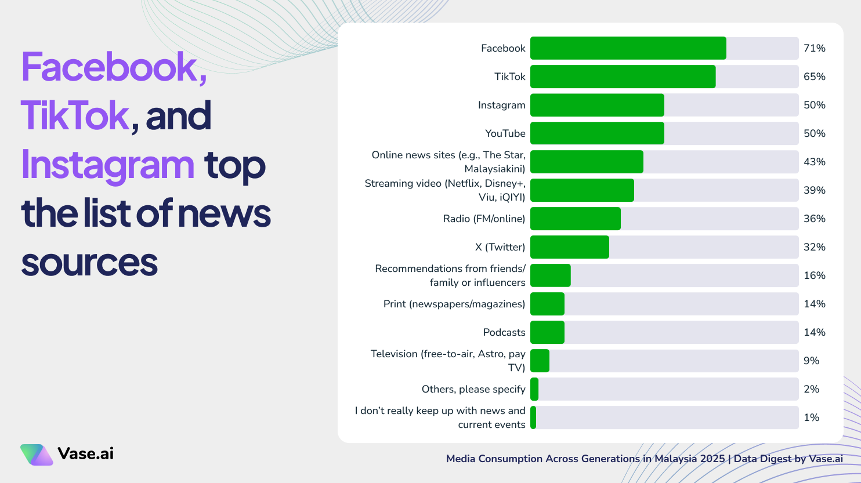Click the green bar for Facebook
coord(628,48)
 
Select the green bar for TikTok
coord(623,77)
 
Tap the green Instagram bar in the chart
coord(597,105)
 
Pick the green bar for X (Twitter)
coord(569,247)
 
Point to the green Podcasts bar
coord(547,332)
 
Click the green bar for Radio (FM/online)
coord(575,219)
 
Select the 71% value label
coord(814,48)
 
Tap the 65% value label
coord(814,77)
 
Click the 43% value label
coord(814,162)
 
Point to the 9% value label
coord(811,361)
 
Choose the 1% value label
coord(811,417)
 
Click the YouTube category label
coord(505,133)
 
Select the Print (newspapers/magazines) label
coord(454,304)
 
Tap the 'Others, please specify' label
coord(473,389)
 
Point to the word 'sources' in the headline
coord(89,262)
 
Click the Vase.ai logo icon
coord(37,455)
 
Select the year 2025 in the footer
coord(712,459)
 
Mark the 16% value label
coord(814,275)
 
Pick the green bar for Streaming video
coord(582,190)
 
